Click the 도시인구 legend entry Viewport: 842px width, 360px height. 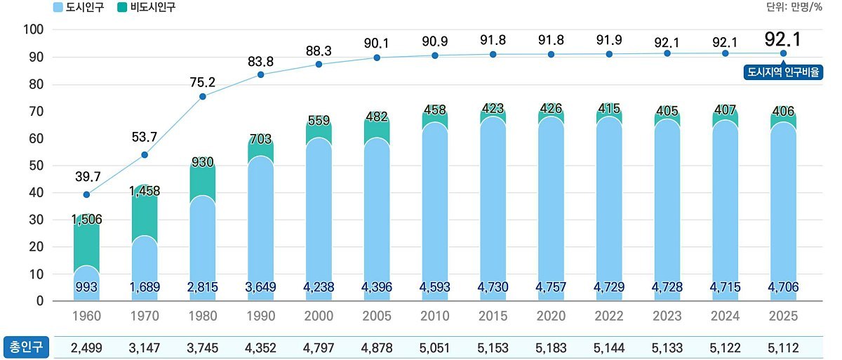click(x=78, y=7)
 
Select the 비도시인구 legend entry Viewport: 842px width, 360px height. click(x=146, y=7)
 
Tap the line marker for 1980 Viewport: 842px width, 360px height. click(x=203, y=97)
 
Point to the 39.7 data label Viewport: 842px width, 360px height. click(x=88, y=177)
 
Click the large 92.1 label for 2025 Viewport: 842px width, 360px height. click(x=782, y=39)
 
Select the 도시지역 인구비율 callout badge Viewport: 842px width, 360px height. click(x=783, y=72)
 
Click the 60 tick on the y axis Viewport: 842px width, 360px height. click(x=36, y=138)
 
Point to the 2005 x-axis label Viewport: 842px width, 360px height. click(x=377, y=316)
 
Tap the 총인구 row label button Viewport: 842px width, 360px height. click(x=27, y=347)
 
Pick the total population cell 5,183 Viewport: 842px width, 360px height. click(x=551, y=348)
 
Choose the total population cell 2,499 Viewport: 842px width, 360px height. click(x=86, y=348)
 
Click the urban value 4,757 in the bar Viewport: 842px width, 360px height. click(x=551, y=287)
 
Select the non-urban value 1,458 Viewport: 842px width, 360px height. click(x=145, y=192)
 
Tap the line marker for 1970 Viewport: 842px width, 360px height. click(x=145, y=155)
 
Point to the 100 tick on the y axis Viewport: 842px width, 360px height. click(x=34, y=29)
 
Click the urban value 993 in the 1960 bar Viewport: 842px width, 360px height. click(x=86, y=287)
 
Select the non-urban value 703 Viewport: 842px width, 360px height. click(x=260, y=139)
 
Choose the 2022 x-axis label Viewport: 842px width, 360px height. click(x=609, y=316)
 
